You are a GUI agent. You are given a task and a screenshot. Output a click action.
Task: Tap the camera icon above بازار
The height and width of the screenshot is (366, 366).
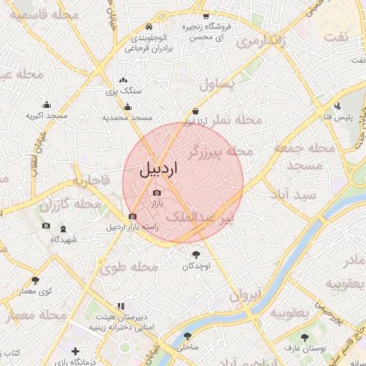(157, 192)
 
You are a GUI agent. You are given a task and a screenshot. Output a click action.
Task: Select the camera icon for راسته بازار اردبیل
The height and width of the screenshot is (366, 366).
(132, 217)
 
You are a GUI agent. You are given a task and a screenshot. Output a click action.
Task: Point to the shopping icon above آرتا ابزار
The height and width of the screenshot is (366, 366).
(196, 111)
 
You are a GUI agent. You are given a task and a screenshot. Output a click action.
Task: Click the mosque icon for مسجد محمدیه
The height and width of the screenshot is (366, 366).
(128, 107)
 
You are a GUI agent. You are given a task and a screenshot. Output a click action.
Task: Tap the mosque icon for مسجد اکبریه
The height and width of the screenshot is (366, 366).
(47, 104)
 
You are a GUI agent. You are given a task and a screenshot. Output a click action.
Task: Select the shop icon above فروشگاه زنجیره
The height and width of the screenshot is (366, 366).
(206, 16)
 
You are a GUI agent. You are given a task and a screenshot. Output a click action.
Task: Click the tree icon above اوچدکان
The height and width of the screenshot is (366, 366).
(196, 254)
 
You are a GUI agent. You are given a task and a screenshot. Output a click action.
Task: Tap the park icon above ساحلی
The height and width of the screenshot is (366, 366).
(188, 335)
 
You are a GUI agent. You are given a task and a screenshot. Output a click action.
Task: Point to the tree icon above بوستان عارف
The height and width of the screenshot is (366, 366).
(305, 336)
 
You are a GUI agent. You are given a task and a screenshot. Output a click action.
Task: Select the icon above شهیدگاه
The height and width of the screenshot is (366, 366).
(64, 229)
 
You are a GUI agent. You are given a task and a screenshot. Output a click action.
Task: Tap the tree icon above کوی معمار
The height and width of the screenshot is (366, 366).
(36, 280)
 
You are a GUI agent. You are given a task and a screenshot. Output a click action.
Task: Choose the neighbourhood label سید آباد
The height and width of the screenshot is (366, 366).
(290, 194)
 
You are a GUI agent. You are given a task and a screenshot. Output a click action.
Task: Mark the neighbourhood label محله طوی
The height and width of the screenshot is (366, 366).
(129, 268)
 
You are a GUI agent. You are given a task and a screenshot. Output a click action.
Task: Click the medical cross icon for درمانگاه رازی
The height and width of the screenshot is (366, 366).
(76, 352)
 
